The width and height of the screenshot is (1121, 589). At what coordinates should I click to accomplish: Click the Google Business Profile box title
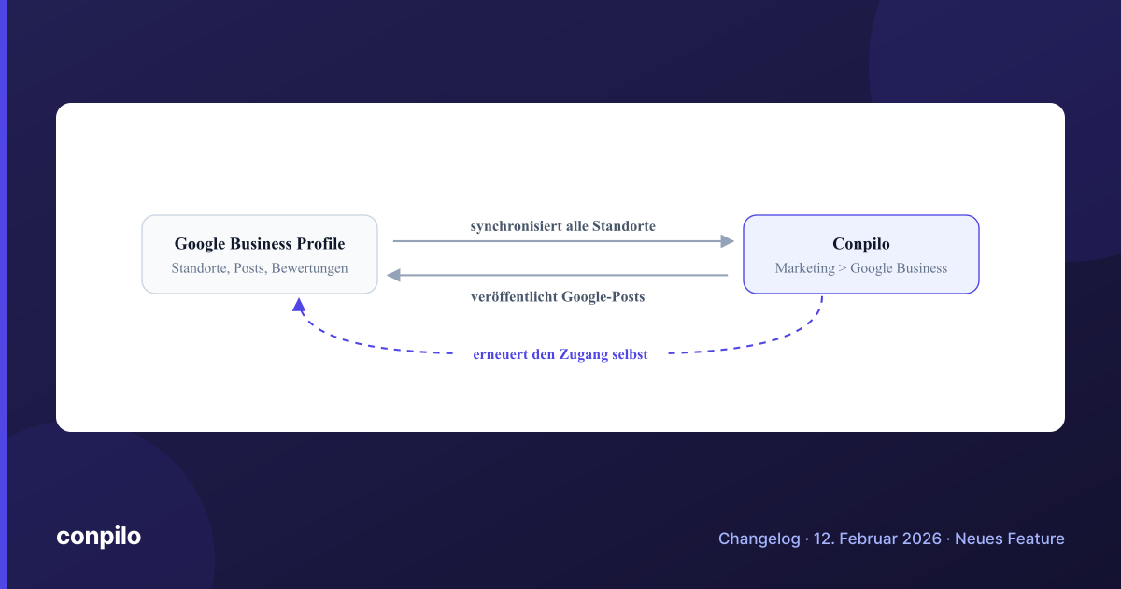coord(260,244)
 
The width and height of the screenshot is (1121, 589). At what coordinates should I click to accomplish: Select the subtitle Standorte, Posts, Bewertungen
coord(260,268)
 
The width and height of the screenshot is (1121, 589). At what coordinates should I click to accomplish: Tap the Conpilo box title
coord(861,244)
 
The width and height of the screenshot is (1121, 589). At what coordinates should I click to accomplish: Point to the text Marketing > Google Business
coord(861,268)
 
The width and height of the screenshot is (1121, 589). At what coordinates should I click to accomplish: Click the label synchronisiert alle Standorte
coord(563,226)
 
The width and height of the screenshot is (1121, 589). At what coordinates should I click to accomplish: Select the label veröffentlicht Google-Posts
coord(558,297)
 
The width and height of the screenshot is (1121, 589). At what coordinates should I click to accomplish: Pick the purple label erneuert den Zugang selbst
coord(560,354)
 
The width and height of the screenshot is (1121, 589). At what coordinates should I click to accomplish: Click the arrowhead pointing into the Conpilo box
coord(727,241)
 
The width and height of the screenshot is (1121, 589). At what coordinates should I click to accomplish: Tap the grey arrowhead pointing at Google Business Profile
coord(394,275)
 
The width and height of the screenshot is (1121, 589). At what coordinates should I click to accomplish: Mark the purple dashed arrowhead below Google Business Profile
coord(299,305)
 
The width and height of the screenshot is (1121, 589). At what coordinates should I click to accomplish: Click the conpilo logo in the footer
coord(99,537)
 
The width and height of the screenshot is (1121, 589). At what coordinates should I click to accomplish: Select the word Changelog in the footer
coord(759,539)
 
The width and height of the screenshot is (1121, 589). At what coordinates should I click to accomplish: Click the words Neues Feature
coord(1010,539)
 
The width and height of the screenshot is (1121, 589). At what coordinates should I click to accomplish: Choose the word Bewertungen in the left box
coord(310,268)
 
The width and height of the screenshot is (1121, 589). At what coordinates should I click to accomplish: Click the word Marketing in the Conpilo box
coord(805,268)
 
